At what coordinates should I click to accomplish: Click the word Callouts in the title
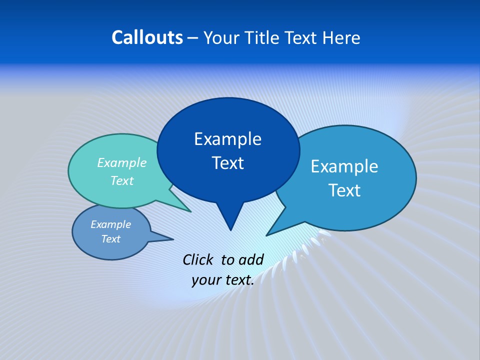[147, 37]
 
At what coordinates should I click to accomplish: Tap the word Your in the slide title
[221, 37]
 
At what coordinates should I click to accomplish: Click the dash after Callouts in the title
[192, 38]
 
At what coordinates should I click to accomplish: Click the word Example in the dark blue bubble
[227, 139]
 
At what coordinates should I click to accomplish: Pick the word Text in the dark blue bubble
[227, 163]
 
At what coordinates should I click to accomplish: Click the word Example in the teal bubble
[121, 163]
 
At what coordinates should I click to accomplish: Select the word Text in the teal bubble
[121, 181]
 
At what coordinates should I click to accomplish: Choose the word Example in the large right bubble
[344, 166]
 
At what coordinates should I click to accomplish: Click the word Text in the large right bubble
[344, 190]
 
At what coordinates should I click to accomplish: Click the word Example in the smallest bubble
[110, 224]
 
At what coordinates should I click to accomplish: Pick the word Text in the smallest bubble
[110, 239]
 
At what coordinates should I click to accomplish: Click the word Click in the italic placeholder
[198, 259]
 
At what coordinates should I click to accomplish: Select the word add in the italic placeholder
[251, 259]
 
